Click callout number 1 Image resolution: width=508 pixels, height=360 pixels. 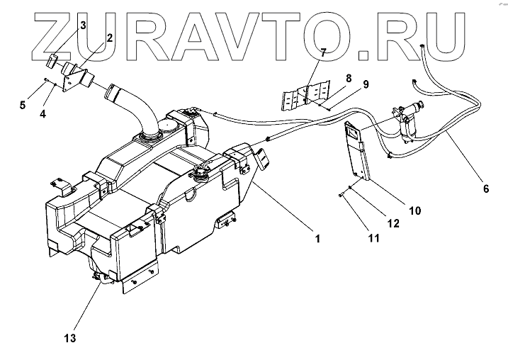(318, 239)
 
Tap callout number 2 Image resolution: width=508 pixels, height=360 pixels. (109, 38)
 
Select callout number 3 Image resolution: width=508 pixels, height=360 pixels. (83, 26)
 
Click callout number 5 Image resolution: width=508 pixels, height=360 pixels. (23, 106)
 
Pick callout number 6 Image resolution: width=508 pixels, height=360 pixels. (486, 189)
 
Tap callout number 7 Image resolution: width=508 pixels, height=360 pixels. (322, 53)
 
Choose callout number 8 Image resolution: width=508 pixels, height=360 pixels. (348, 77)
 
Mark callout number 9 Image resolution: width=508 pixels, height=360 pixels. (366, 84)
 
